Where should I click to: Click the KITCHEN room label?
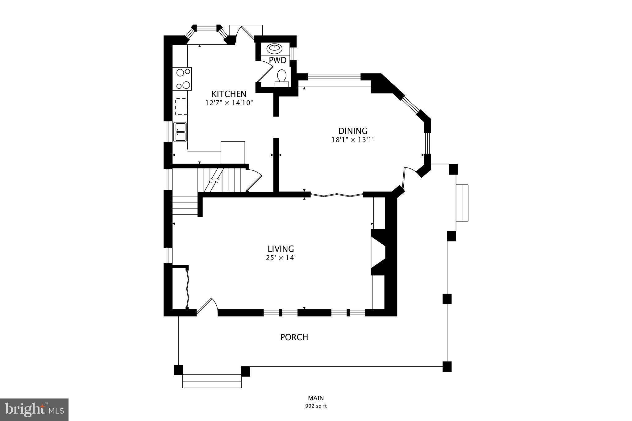[x=229, y=94]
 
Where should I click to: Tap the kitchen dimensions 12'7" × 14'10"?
[x=229, y=103]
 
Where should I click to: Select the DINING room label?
[x=353, y=131]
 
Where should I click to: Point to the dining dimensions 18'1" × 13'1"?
[x=353, y=140]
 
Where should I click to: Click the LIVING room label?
[x=281, y=249]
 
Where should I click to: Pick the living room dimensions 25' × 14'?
[x=281, y=258]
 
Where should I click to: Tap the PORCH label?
[x=294, y=337]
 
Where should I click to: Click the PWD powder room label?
[x=277, y=60]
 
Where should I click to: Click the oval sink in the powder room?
[x=274, y=48]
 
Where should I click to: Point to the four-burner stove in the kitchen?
[x=182, y=79]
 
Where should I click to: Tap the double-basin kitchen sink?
[x=180, y=132]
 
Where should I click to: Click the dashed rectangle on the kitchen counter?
[x=181, y=106]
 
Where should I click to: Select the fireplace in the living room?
[x=379, y=252]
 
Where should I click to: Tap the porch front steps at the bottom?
[x=212, y=381]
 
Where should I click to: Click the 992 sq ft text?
[x=316, y=406]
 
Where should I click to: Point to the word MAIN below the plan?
[x=316, y=398]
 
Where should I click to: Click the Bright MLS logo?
[x=34, y=410]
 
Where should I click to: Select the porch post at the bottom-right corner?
[x=447, y=366]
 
